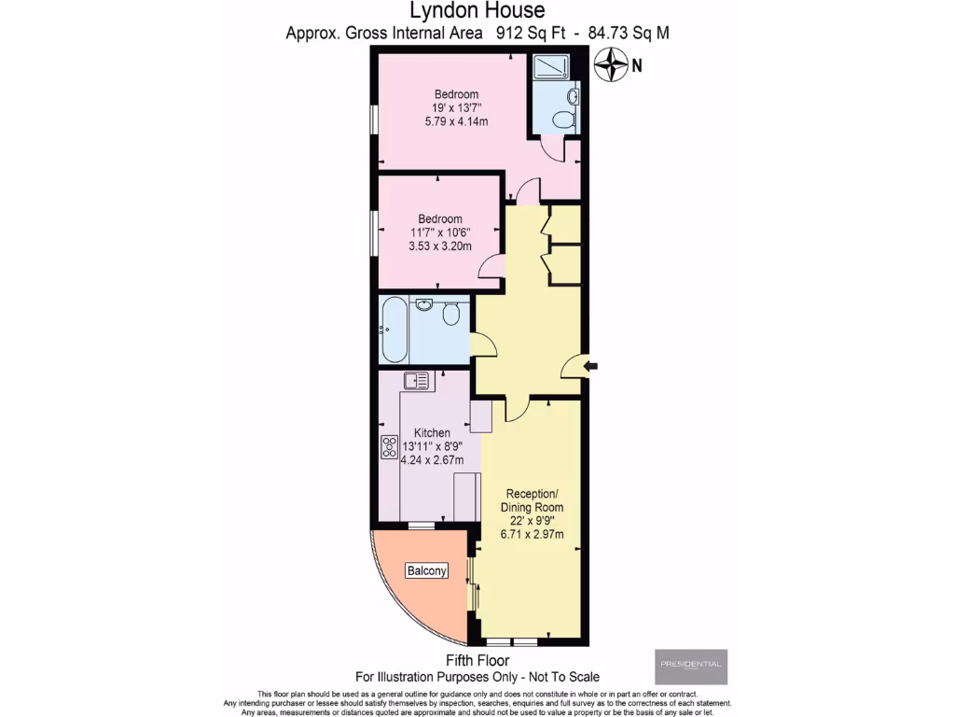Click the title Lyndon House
(477, 11)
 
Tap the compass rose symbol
(611, 64)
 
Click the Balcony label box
(426, 570)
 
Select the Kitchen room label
(432, 433)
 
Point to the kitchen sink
(417, 381)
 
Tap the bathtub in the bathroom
(393, 330)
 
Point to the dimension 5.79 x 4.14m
(456, 122)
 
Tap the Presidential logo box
(691, 666)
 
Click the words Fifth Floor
(477, 661)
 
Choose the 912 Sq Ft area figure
(521, 33)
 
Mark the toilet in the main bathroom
(451, 316)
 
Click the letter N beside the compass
(637, 65)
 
